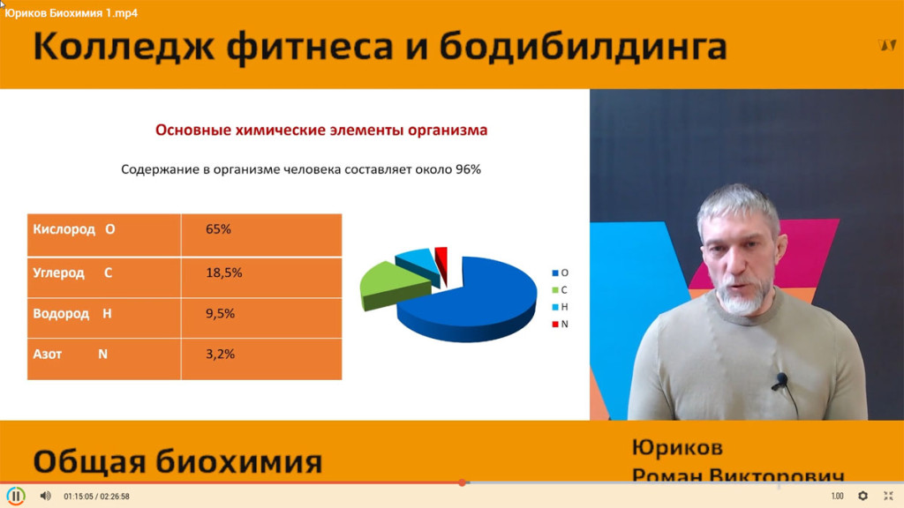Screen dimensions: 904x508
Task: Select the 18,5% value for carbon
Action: [x=223, y=273]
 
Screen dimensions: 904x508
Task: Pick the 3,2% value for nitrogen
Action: [x=220, y=355]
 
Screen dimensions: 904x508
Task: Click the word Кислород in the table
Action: [x=64, y=229]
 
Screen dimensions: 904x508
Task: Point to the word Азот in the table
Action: [x=48, y=355]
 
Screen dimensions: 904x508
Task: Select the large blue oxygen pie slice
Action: [x=473, y=300]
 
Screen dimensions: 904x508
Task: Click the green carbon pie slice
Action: [x=392, y=285]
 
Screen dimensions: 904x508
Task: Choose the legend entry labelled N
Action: [x=560, y=325]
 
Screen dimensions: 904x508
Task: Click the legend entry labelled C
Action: [x=560, y=289]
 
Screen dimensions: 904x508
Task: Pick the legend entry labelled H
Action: [x=560, y=307]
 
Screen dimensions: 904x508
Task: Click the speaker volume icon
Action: [x=46, y=496]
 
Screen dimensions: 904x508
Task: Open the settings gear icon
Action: [x=863, y=496]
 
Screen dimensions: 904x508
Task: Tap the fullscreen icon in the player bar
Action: [x=888, y=496]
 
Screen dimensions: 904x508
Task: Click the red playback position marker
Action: [x=462, y=482]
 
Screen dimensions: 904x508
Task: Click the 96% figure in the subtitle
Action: [x=468, y=169]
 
